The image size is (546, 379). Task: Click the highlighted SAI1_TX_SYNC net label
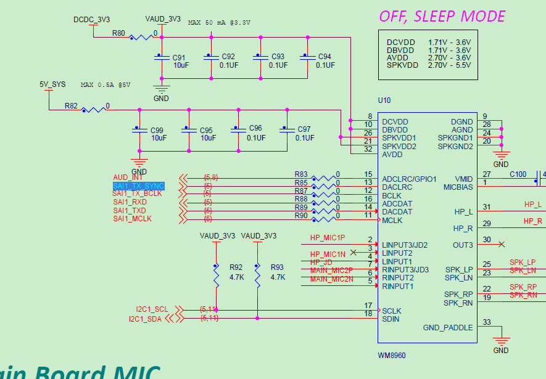click(138, 185)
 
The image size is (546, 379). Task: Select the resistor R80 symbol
click(141, 38)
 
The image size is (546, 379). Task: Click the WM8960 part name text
click(392, 356)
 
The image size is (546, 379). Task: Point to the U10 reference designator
click(384, 100)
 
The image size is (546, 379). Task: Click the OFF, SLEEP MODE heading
click(442, 17)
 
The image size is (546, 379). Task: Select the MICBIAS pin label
click(458, 187)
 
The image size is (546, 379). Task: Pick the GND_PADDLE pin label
click(448, 328)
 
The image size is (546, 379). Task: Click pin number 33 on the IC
click(487, 322)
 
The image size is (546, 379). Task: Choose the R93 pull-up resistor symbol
click(257, 277)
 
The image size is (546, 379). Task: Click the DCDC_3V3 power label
click(93, 20)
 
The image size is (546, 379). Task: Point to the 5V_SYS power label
click(52, 85)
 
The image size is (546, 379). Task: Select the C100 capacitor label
click(518, 174)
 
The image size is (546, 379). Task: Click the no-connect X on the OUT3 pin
click(502, 245)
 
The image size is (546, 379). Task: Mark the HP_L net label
click(533, 205)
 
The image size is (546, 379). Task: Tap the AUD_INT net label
click(128, 177)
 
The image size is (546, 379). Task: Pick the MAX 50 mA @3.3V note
click(220, 23)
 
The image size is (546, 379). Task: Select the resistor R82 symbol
click(94, 110)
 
